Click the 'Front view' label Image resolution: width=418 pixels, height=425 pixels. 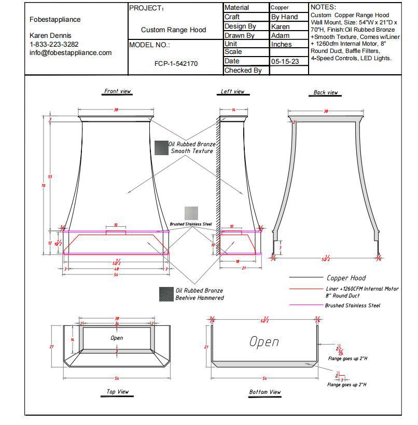(x=118, y=91)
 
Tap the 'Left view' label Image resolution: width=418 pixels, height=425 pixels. (x=232, y=92)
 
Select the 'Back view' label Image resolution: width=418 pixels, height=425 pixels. (x=326, y=93)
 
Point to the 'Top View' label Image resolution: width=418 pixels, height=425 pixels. (x=118, y=392)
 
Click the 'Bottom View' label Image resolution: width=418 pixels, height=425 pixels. (x=264, y=392)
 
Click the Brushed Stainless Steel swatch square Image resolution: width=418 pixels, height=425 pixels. (x=191, y=213)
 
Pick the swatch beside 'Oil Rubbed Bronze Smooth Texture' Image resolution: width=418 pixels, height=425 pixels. (x=161, y=147)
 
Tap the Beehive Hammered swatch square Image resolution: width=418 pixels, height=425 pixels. (x=166, y=294)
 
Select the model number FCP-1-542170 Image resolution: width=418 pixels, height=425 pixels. (x=176, y=64)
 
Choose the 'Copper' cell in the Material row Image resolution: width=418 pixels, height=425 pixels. (x=280, y=8)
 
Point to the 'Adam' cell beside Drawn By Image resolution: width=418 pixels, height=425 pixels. (x=281, y=35)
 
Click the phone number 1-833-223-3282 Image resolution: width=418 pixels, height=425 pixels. (x=54, y=44)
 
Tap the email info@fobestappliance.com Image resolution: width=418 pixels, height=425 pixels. (x=71, y=52)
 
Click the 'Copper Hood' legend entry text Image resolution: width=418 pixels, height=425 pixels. (x=346, y=278)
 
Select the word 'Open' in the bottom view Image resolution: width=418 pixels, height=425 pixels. (x=264, y=342)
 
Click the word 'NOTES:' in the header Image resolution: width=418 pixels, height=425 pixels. (x=323, y=7)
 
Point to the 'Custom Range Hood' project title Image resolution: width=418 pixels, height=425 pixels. (x=173, y=30)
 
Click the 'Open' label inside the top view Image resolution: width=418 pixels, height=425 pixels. (x=117, y=338)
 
